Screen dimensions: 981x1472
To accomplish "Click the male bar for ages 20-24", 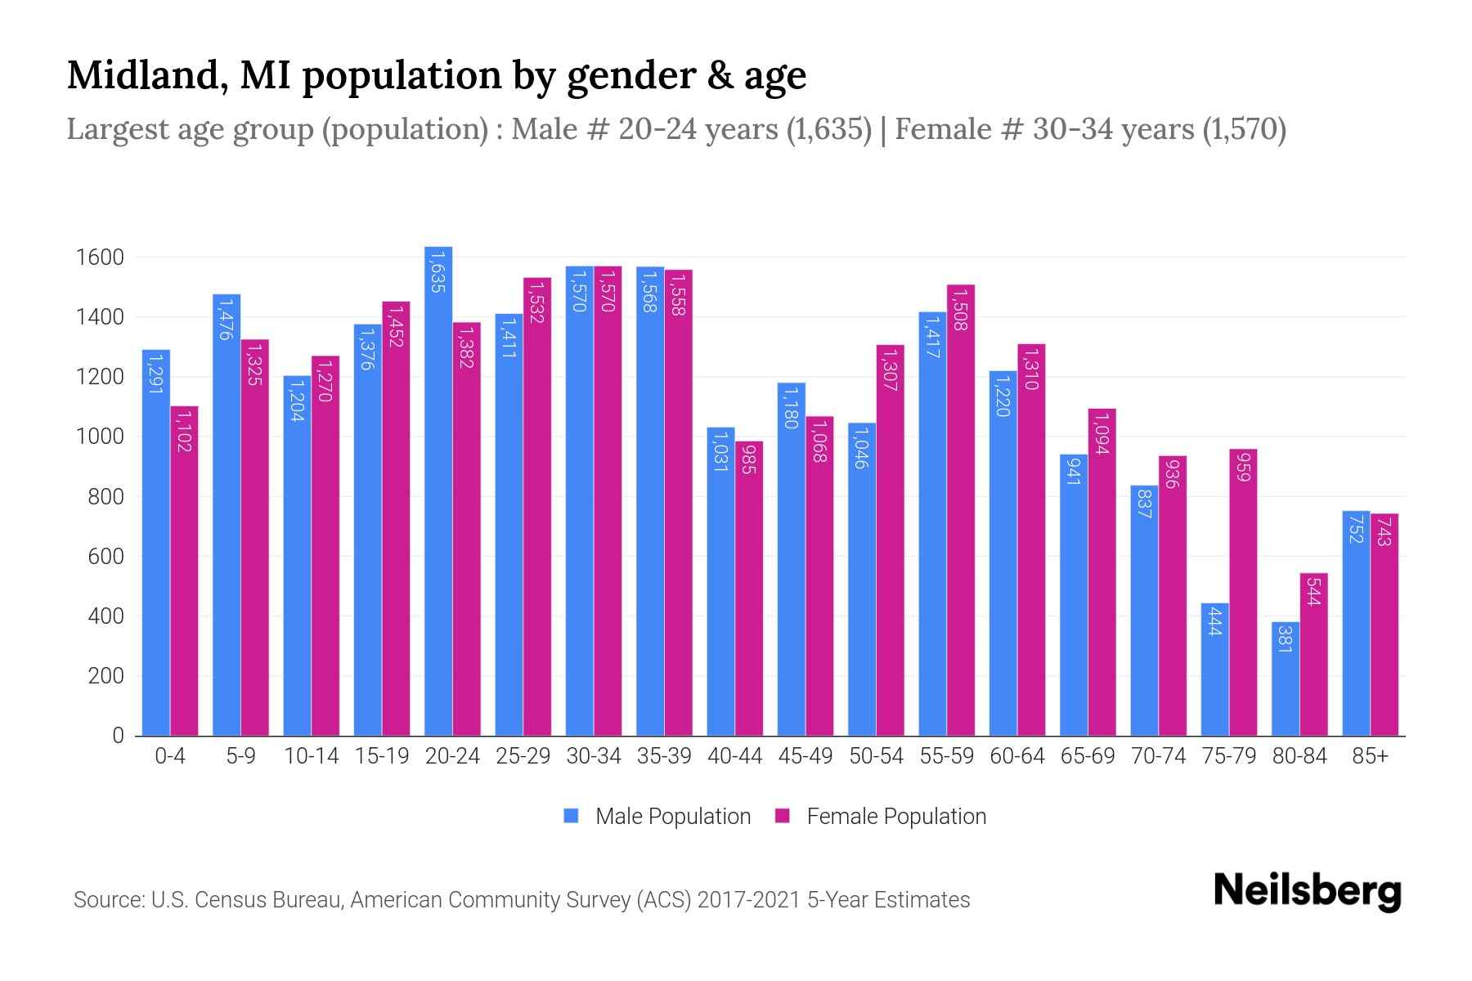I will [438, 490].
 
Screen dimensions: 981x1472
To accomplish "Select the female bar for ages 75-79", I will [1242, 592].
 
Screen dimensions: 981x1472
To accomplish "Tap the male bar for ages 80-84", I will [1285, 679].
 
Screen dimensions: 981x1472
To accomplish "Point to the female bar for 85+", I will [1384, 625].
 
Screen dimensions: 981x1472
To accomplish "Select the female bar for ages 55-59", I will [960, 510].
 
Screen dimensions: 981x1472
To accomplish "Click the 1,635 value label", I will [438, 272].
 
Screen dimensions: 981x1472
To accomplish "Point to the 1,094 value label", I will [1102, 434].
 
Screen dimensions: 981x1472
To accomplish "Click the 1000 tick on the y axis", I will [99, 437].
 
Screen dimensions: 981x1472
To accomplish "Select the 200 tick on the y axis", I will [106, 676].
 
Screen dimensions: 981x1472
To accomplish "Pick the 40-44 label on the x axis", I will [734, 756].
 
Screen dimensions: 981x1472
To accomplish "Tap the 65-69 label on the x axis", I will [1087, 756].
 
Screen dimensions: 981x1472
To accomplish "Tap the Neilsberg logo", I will [1307, 892].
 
